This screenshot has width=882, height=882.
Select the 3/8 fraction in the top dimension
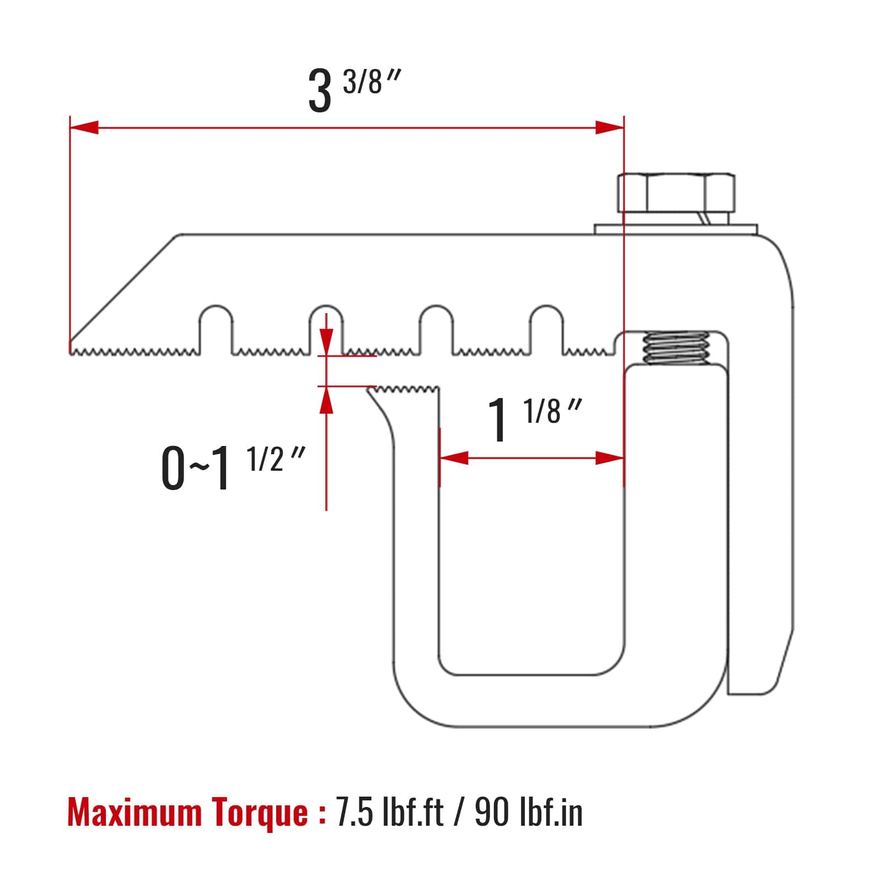click(x=363, y=83)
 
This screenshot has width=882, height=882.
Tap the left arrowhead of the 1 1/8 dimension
click(x=454, y=458)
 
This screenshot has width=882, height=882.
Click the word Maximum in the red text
click(x=135, y=813)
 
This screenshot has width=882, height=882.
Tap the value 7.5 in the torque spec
click(x=354, y=813)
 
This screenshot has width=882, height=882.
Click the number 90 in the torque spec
click(x=492, y=813)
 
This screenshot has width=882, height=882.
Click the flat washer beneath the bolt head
click(x=675, y=229)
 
